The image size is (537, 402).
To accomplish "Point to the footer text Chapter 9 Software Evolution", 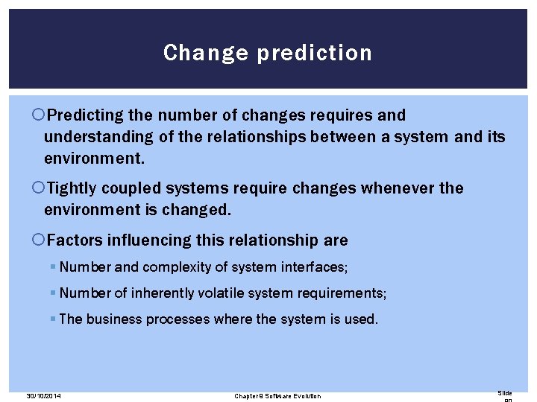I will coord(277,396).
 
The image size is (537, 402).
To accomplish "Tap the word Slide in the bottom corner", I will coord(505,393).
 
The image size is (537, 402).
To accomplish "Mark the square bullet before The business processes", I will coord(52,319).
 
